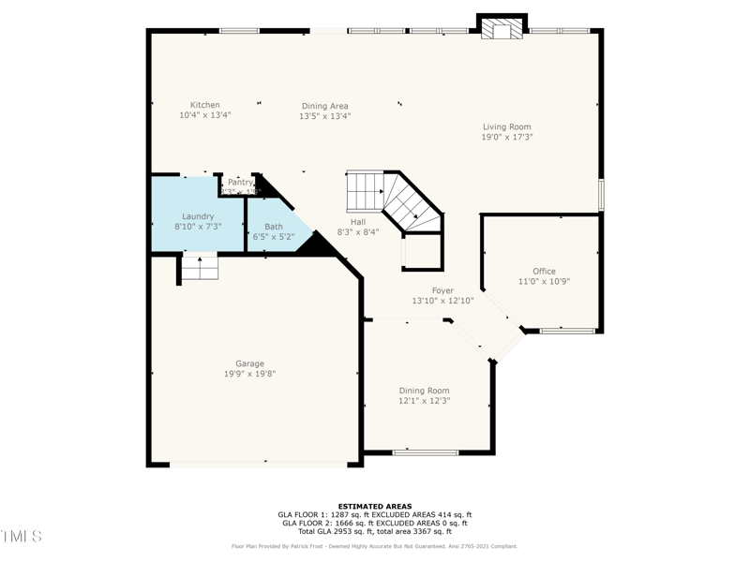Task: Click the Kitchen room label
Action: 204,105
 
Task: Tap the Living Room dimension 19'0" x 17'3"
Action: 507,137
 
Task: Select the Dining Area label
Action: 324,106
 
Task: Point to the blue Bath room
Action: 274,231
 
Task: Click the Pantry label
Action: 240,182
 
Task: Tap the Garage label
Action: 249,363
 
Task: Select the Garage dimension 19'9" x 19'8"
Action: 249,374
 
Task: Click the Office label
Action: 544,272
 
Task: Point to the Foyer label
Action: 442,290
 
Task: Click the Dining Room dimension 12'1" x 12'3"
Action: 424,401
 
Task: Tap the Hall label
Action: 357,221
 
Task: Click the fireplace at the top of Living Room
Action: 502,28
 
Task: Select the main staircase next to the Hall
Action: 394,197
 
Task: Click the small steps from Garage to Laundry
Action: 200,268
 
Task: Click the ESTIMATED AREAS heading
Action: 375,506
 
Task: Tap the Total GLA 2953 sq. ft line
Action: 375,531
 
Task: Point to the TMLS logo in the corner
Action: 21,537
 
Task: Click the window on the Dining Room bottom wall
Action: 425,453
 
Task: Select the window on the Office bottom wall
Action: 567,331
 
